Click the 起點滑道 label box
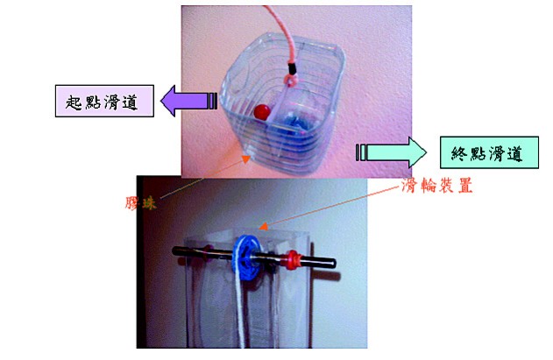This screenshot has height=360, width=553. pos(104,101)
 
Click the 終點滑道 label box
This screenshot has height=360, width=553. pos(489,152)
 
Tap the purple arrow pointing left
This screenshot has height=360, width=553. pos(189,101)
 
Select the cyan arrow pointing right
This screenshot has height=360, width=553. pos(391,152)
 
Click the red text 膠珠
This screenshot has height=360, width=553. pos(140,203)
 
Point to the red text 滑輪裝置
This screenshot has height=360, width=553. pos(437,185)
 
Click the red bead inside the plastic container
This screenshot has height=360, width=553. pos(262,112)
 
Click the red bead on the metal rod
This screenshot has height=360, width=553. pos(293,259)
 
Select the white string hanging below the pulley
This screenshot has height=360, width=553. pos(241,310)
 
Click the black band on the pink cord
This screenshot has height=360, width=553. pos(292,68)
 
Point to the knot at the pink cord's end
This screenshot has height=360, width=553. pos(291,81)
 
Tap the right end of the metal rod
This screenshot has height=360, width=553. pos(334,264)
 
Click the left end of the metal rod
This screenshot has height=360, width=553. pos(174,251)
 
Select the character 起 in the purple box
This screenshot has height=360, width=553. pos(74,102)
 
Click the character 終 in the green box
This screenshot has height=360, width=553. pos(459,154)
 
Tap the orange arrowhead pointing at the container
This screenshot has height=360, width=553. pos(245,159)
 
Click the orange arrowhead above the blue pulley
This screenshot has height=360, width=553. pos(263,226)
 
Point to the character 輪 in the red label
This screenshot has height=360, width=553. pos(428,185)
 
